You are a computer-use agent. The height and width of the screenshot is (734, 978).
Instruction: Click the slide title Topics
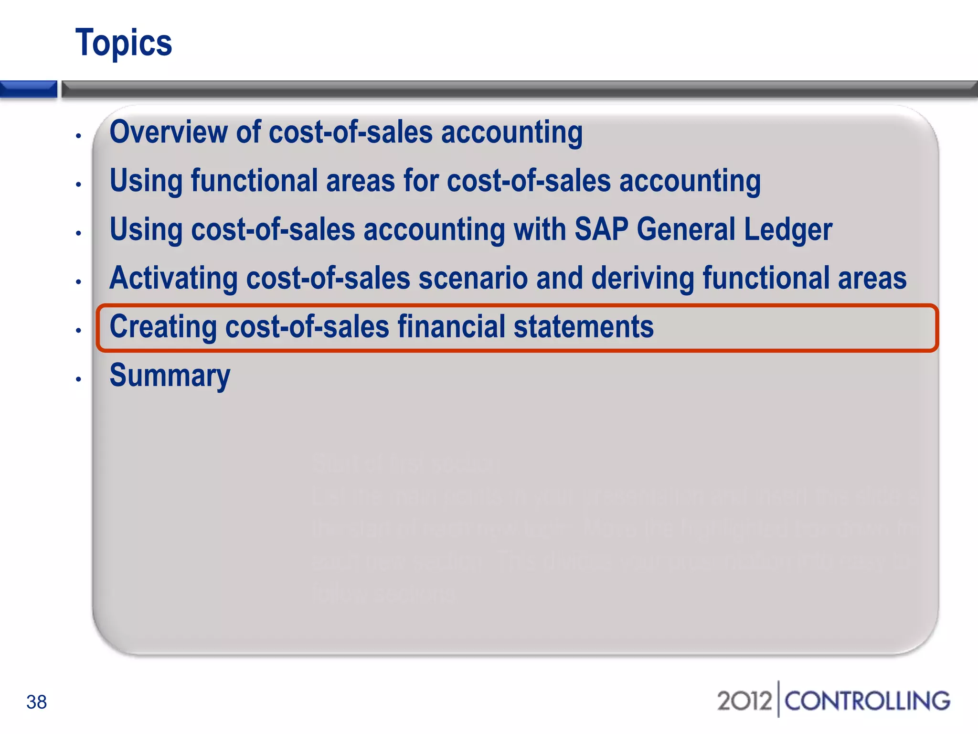(x=124, y=43)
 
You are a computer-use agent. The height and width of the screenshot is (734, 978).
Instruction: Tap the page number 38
(x=36, y=702)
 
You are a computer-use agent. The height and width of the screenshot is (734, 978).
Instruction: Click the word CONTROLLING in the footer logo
(x=867, y=701)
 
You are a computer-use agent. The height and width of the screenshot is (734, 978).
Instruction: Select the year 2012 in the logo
(x=744, y=701)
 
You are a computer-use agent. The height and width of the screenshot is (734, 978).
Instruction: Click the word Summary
(x=170, y=376)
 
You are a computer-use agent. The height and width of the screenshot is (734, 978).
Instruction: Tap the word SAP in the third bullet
(x=601, y=229)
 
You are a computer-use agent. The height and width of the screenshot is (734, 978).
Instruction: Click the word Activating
(x=173, y=278)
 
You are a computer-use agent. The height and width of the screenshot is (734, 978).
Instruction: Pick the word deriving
(x=643, y=278)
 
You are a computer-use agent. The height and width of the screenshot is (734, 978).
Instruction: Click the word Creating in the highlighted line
(x=163, y=327)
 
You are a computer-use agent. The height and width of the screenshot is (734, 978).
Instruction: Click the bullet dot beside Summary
(x=79, y=379)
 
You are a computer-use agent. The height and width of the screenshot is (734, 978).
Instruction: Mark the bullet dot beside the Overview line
(x=79, y=136)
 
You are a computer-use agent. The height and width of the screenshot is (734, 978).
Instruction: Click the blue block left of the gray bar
(x=28, y=89)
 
